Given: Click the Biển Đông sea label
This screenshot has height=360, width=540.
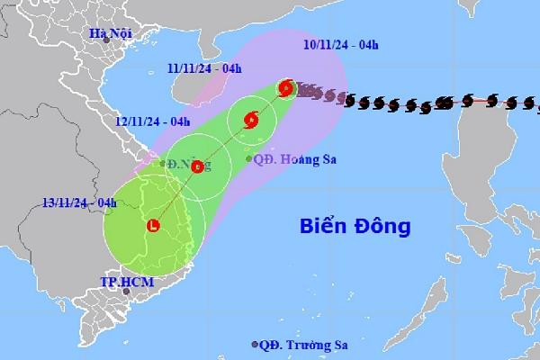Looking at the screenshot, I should click(x=349, y=222).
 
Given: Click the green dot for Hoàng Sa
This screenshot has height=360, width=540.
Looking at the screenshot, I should click(x=249, y=159).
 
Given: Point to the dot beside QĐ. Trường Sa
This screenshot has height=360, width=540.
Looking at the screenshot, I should click(x=255, y=345).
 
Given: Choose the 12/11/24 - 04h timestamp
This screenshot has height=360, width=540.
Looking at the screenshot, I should click(x=152, y=120).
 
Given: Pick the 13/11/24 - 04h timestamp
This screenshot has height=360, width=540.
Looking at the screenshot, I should click(x=80, y=202).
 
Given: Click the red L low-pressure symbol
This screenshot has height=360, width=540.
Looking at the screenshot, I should click(x=154, y=226).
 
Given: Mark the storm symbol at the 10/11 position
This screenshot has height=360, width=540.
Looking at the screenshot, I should click(x=286, y=88).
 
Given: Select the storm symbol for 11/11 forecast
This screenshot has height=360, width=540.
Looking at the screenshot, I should click(x=251, y=118).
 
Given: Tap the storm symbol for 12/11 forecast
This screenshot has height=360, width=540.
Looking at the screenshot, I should click(x=198, y=165).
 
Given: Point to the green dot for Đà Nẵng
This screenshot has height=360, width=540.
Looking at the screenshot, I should click(x=163, y=164).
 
